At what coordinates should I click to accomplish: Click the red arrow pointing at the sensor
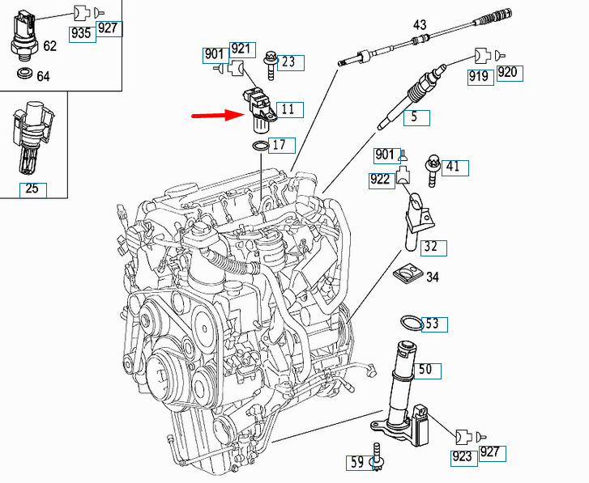click(x=216, y=115)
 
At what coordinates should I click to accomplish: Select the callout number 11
click(x=288, y=109)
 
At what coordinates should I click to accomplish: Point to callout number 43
click(x=420, y=26)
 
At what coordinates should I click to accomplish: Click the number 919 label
click(x=479, y=76)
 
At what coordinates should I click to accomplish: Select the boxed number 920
click(x=507, y=73)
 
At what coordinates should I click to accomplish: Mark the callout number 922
click(x=380, y=180)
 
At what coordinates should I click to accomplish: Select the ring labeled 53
click(x=412, y=324)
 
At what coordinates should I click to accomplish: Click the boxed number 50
click(x=425, y=371)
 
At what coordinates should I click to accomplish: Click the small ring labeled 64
click(x=24, y=75)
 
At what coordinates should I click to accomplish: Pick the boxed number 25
click(x=32, y=190)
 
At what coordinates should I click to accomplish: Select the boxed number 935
click(x=81, y=34)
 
